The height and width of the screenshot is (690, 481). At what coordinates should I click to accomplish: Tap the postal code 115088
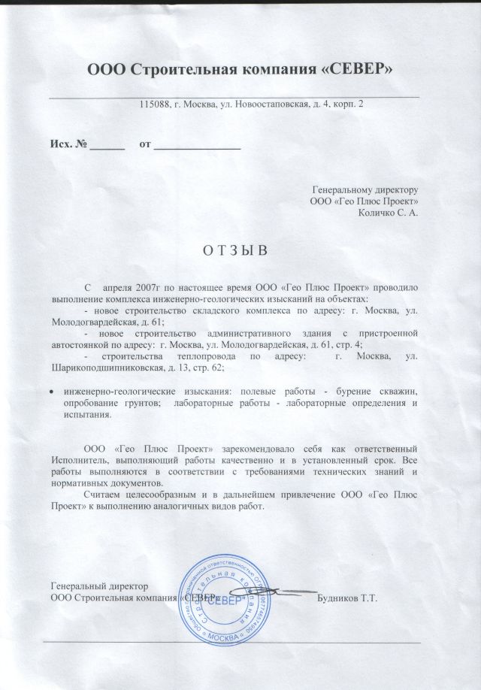click(x=155, y=104)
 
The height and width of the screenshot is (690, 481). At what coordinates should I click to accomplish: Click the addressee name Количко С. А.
click(x=389, y=213)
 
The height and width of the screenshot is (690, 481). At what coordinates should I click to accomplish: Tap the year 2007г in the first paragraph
click(x=154, y=288)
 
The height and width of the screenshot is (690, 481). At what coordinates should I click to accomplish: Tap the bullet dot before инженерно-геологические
click(x=50, y=392)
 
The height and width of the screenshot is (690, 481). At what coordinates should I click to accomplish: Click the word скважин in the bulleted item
click(x=398, y=392)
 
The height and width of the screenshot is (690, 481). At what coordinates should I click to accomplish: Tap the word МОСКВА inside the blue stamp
click(x=226, y=638)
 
